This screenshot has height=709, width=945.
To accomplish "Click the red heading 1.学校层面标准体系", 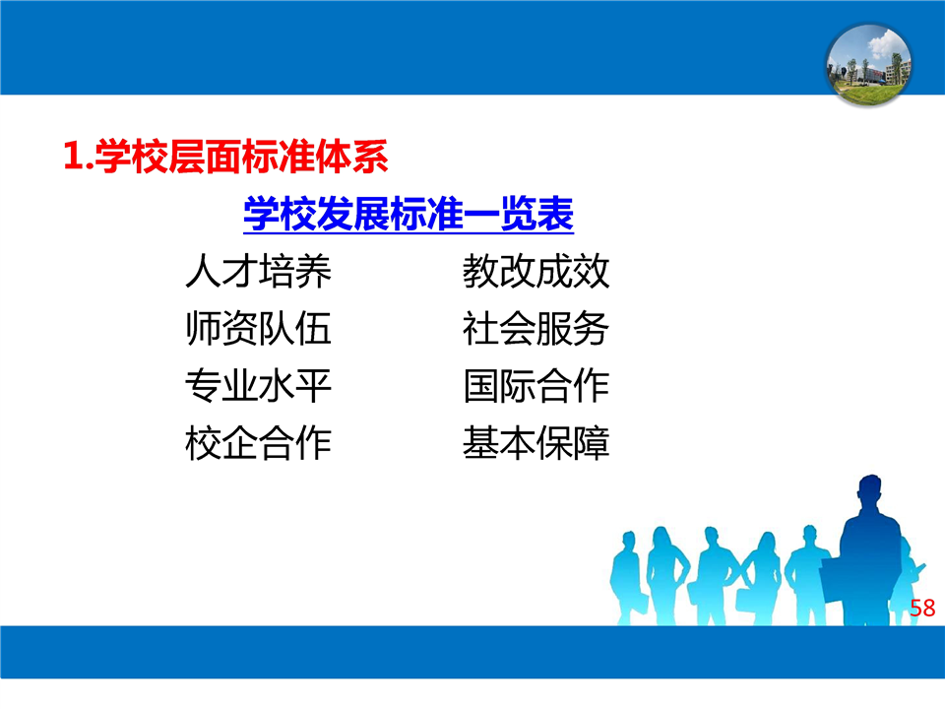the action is pos(225,157).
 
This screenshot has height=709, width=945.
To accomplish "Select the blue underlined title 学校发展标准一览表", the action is pos(408,214).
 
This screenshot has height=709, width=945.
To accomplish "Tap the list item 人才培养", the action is pos(259,271).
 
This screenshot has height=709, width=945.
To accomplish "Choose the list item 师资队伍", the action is pos(259,328).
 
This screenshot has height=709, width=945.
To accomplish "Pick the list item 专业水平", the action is pos(259,385).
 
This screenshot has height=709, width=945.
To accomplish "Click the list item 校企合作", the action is pos(259,442).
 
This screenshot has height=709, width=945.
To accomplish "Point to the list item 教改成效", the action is pos(535,271).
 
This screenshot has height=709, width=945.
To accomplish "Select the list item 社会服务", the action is pos(535,328).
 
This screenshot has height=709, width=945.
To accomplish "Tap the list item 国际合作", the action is pos(535,385).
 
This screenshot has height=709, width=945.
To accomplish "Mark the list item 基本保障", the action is pos(535,442).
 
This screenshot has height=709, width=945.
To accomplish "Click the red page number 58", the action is pos(922,608).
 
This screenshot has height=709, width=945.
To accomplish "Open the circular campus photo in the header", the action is pos(868,65).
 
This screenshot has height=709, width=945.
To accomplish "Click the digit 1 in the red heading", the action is pos(72,157).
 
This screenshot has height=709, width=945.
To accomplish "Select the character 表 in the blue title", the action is pos(555,214).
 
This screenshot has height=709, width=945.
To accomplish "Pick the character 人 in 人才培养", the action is pos(203,271).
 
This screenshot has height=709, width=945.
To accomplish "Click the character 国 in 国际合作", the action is pos(481,386).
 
